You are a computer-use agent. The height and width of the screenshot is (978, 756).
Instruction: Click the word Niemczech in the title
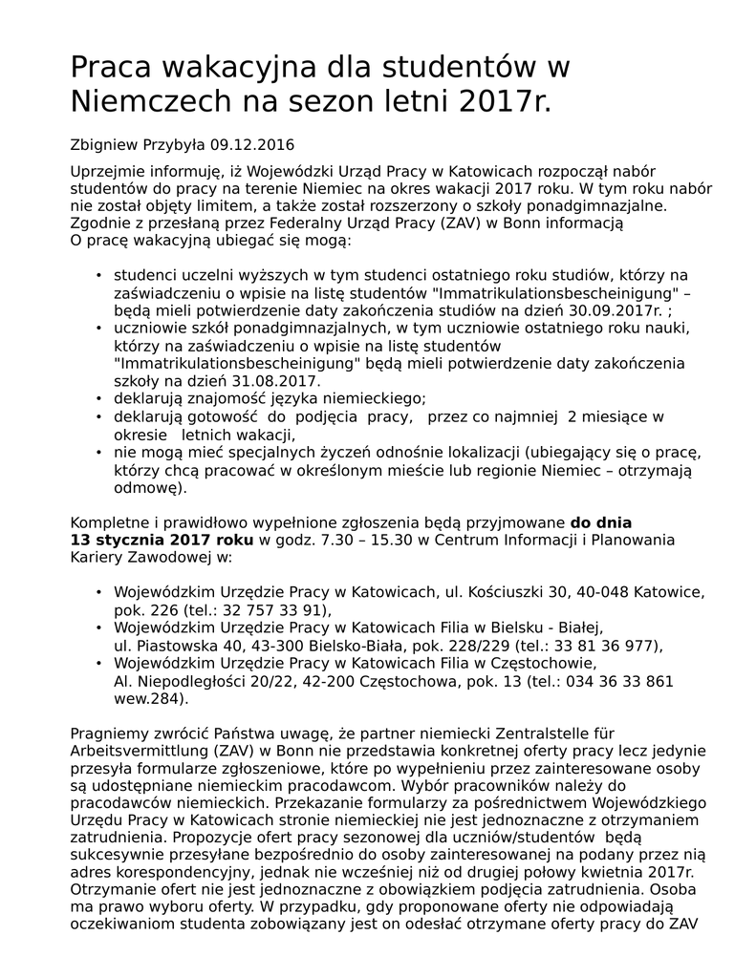pos(155,99)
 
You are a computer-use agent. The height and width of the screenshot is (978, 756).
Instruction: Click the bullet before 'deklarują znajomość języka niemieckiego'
pos(98,398)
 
